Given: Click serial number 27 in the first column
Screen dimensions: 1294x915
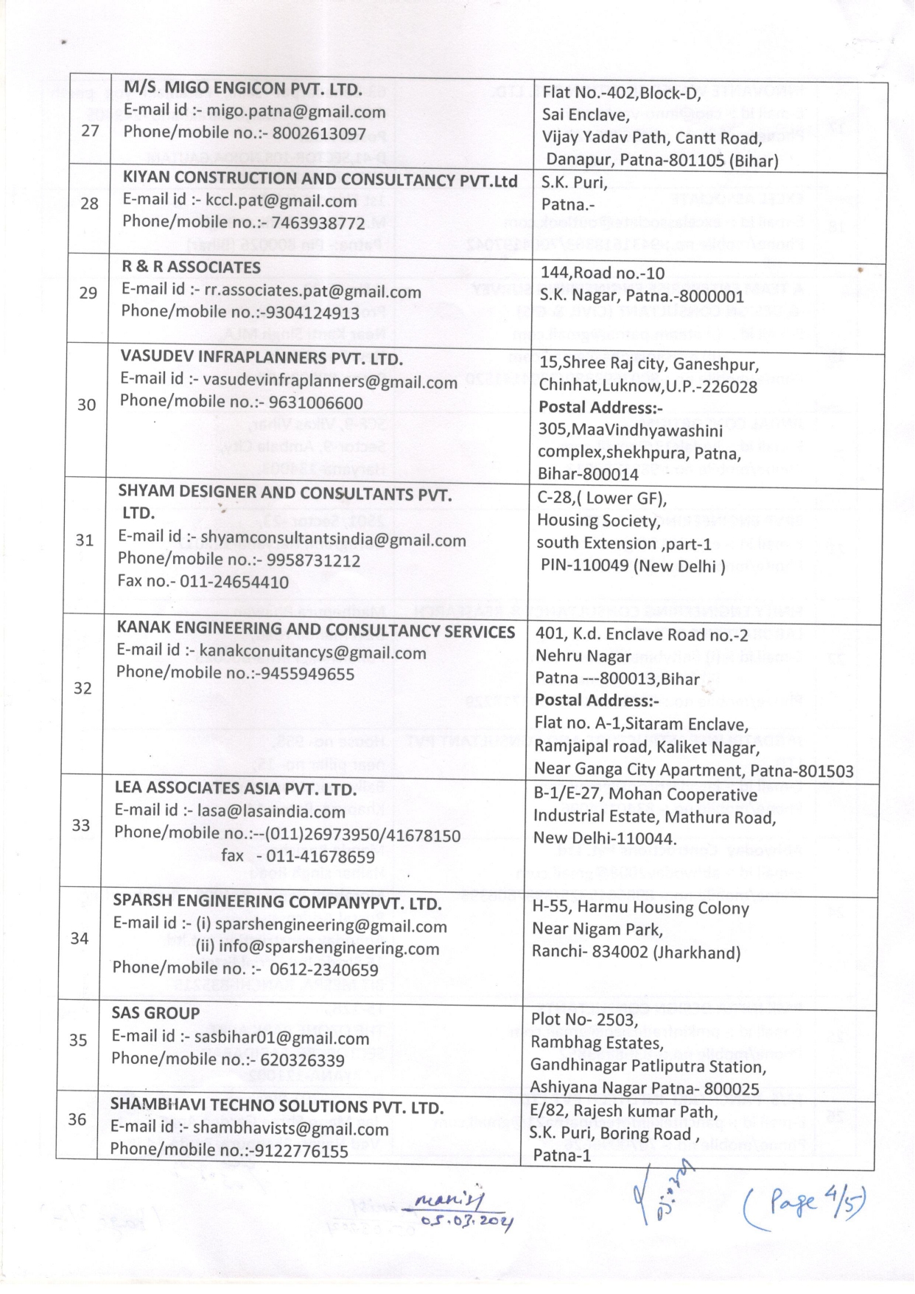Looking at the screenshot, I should tap(90, 131).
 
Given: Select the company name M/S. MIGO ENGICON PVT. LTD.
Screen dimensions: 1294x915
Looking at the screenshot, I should tap(242, 89).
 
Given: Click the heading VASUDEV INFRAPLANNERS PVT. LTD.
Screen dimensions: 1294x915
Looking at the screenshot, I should tap(262, 359).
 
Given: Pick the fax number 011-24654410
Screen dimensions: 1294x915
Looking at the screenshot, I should tap(234, 582).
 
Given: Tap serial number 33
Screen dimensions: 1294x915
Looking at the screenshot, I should tap(81, 825).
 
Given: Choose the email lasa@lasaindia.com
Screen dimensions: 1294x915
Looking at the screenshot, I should tap(271, 812).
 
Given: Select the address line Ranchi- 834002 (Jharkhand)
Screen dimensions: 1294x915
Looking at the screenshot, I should tap(636, 952).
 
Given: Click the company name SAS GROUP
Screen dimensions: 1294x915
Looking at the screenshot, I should tap(155, 1013).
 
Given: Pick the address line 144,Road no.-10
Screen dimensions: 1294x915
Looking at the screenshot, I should tap(602, 273).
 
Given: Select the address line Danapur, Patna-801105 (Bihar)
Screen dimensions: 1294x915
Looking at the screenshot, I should tap(662, 160).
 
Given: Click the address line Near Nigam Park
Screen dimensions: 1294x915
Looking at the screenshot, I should tap(597, 930).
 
